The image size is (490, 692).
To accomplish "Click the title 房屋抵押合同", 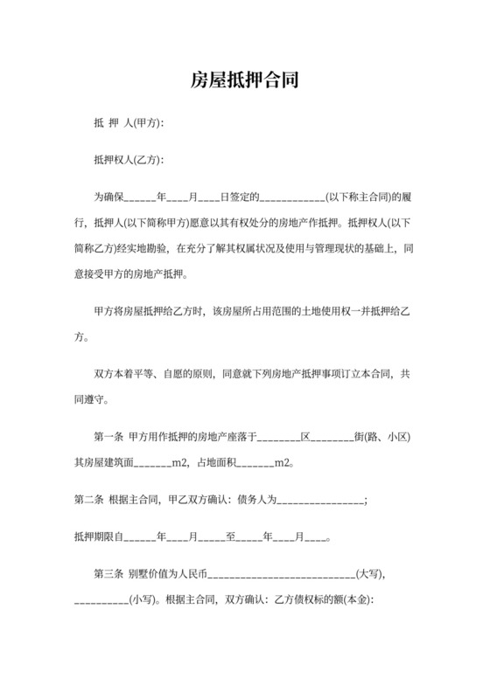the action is tap(245, 81).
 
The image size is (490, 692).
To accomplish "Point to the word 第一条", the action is tap(108, 437).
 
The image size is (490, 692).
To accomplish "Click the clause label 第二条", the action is tap(88, 500).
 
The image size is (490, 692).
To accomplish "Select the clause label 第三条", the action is tap(108, 575).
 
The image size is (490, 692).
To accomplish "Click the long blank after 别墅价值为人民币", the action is tap(281, 575).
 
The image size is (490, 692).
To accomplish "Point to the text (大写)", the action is tap(371, 575).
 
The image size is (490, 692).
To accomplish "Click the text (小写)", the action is tap(145, 600).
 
